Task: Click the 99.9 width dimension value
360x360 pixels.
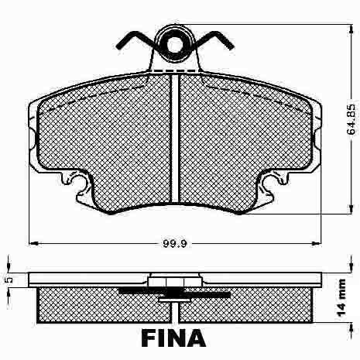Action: (x=175, y=243)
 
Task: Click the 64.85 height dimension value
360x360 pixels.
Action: (x=351, y=119)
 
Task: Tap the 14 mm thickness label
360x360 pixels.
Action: (x=342, y=298)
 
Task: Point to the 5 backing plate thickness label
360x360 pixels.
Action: (x=9, y=279)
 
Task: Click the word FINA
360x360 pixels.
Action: (x=173, y=338)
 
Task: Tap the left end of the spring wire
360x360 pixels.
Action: (x=118, y=47)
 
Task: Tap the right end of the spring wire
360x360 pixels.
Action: (x=231, y=47)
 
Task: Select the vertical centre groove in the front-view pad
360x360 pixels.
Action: (x=175, y=138)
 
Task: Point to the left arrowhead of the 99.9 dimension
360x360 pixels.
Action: (x=33, y=243)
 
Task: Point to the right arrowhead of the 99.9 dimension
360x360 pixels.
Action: (x=317, y=243)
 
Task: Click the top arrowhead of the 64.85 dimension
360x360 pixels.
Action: (x=351, y=29)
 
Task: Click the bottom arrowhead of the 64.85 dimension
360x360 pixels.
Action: (x=351, y=209)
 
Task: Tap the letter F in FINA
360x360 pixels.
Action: (x=149, y=338)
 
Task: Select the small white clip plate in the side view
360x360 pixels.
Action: (x=174, y=300)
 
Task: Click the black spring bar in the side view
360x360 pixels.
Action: (x=174, y=293)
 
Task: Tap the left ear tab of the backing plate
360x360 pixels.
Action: (x=32, y=139)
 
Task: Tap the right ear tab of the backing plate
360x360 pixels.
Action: (x=317, y=139)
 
